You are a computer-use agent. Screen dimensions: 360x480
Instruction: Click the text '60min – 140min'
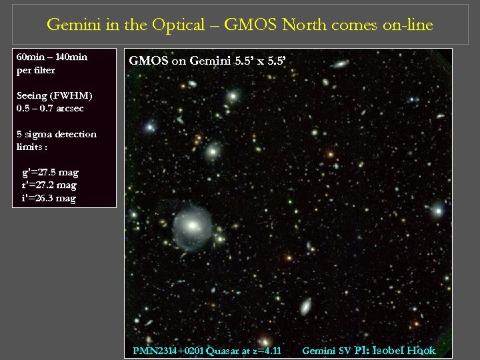pyautogui.click(x=51, y=57)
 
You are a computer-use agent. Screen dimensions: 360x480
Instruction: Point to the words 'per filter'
pyautogui.click(x=35, y=69)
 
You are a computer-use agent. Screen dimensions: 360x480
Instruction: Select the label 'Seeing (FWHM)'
pyautogui.click(x=54, y=95)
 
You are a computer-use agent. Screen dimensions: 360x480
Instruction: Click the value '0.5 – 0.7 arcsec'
pyautogui.click(x=50, y=107)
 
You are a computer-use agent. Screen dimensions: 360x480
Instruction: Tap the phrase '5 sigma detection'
pyautogui.click(x=57, y=134)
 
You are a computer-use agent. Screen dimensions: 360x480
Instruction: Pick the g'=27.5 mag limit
pyautogui.click(x=50, y=173)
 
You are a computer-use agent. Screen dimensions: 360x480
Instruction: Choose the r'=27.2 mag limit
pyautogui.click(x=49, y=185)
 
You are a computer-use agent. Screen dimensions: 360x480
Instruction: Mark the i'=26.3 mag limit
pyautogui.click(x=49, y=198)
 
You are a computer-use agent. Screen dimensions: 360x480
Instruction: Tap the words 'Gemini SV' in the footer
pyautogui.click(x=327, y=351)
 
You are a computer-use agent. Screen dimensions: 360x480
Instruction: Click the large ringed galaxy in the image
pyautogui.click(x=191, y=226)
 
